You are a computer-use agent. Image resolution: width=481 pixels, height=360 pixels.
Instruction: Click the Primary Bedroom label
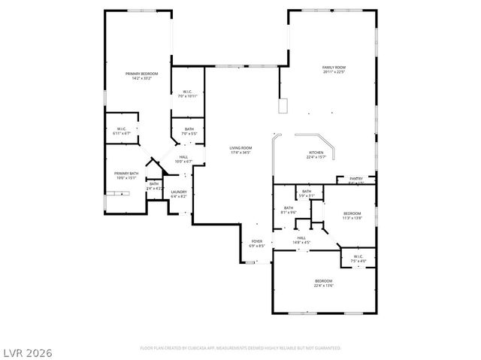click(142, 73)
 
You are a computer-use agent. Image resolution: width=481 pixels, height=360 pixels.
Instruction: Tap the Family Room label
click(334, 68)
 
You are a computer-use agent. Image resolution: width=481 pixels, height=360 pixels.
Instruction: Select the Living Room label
click(240, 148)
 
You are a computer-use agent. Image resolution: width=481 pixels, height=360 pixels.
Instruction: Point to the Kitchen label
click(316, 153)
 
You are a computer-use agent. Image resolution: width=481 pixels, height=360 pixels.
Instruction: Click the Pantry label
click(356, 179)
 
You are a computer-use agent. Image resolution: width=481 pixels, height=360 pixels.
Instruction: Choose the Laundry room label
click(179, 192)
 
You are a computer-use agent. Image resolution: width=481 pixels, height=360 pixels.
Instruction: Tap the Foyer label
click(257, 241)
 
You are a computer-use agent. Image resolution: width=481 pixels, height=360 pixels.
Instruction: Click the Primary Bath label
click(126, 174)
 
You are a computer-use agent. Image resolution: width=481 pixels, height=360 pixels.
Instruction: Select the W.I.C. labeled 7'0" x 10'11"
click(187, 92)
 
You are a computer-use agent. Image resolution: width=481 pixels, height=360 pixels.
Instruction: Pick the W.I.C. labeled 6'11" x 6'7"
click(122, 129)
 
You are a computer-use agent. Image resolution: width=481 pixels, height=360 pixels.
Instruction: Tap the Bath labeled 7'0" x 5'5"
click(189, 129)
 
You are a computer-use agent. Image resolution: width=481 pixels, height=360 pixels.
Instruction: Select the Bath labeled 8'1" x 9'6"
click(289, 208)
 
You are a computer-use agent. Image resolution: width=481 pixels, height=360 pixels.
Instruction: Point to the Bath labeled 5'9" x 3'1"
click(307, 192)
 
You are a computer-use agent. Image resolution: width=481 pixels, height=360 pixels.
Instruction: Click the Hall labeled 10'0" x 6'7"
click(183, 157)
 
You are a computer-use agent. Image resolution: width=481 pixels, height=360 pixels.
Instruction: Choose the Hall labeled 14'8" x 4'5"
click(301, 238)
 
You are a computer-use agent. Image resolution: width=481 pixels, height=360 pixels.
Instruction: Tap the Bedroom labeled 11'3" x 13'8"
click(352, 213)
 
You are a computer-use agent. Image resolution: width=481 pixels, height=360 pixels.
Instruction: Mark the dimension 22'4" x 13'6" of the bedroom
click(324, 286)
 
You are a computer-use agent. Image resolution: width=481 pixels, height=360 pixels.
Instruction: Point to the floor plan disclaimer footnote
click(240, 348)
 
